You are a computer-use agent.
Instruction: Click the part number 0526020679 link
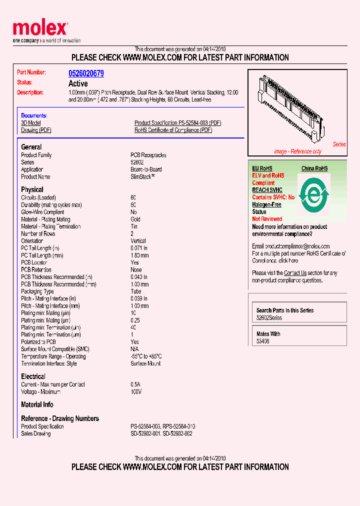point(86,73)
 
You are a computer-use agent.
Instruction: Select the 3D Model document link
point(31,123)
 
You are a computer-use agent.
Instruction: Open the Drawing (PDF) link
point(36,130)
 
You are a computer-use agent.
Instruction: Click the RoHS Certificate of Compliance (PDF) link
point(173,130)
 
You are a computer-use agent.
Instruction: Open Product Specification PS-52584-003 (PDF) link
point(177,123)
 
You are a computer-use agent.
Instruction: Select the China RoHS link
point(314,168)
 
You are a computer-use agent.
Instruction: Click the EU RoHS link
point(262,168)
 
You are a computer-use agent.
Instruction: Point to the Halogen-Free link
point(266,204)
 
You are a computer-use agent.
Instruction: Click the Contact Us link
point(295,273)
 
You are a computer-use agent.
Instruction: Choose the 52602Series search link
point(269,318)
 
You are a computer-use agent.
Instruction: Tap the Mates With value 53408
point(263,341)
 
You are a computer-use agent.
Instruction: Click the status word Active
point(78,84)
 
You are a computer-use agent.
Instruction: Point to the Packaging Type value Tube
point(136,291)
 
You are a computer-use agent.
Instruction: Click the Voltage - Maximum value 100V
point(136,392)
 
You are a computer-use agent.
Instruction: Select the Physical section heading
point(32,189)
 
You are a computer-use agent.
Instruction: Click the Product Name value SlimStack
point(142,176)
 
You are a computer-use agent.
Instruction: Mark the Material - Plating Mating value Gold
point(135,219)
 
